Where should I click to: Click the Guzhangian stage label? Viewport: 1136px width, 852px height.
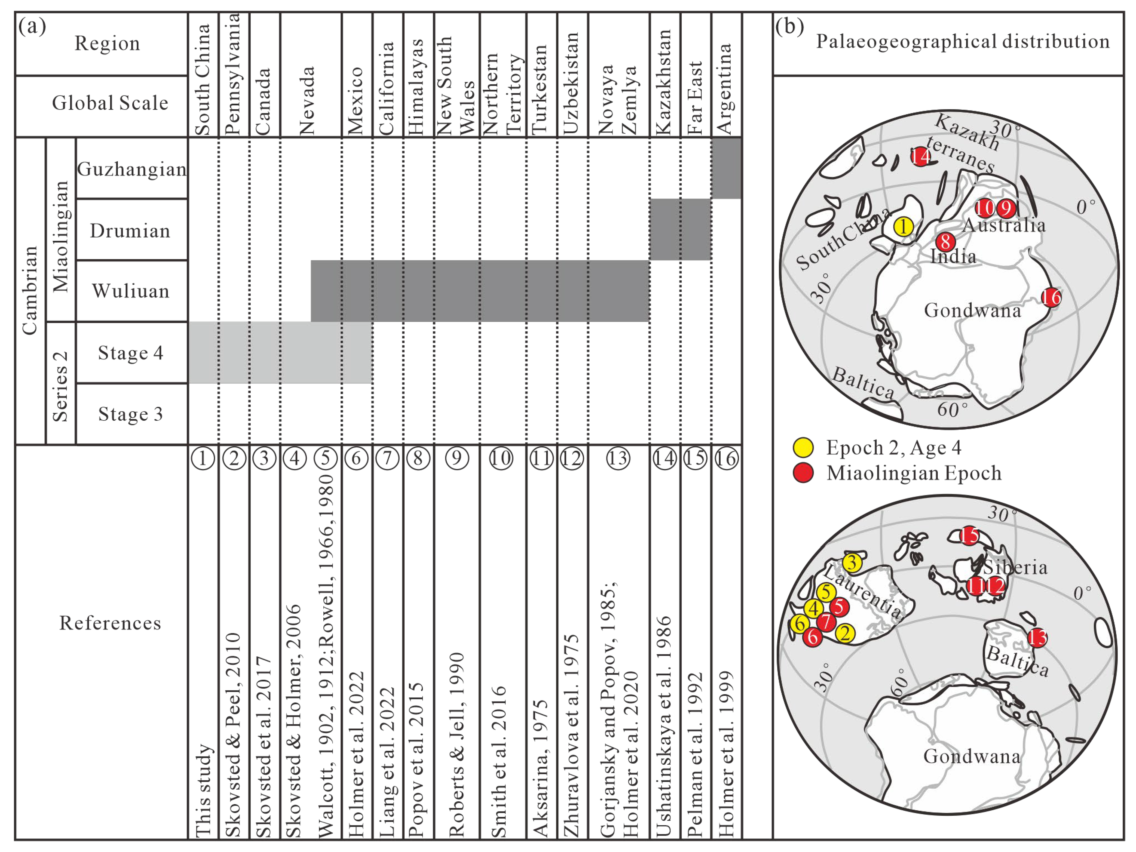(x=131, y=169)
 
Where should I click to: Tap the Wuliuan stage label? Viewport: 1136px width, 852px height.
(x=130, y=291)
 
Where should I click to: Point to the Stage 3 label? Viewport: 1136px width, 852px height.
(x=130, y=414)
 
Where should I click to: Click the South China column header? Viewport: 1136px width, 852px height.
(x=203, y=79)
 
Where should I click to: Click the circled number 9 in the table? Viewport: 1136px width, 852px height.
(x=457, y=458)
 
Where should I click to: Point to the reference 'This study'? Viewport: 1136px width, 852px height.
(x=203, y=791)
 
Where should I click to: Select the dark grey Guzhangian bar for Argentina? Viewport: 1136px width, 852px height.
(x=726, y=168)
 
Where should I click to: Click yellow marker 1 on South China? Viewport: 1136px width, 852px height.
(x=903, y=226)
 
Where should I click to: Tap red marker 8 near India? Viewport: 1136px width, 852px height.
(x=945, y=241)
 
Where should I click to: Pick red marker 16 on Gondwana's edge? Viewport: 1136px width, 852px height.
(x=1051, y=297)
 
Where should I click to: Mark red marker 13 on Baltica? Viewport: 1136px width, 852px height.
(x=1037, y=638)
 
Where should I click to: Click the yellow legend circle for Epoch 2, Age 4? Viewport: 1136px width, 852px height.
(x=803, y=448)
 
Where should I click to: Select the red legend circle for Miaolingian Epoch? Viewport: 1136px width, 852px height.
(x=803, y=473)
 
